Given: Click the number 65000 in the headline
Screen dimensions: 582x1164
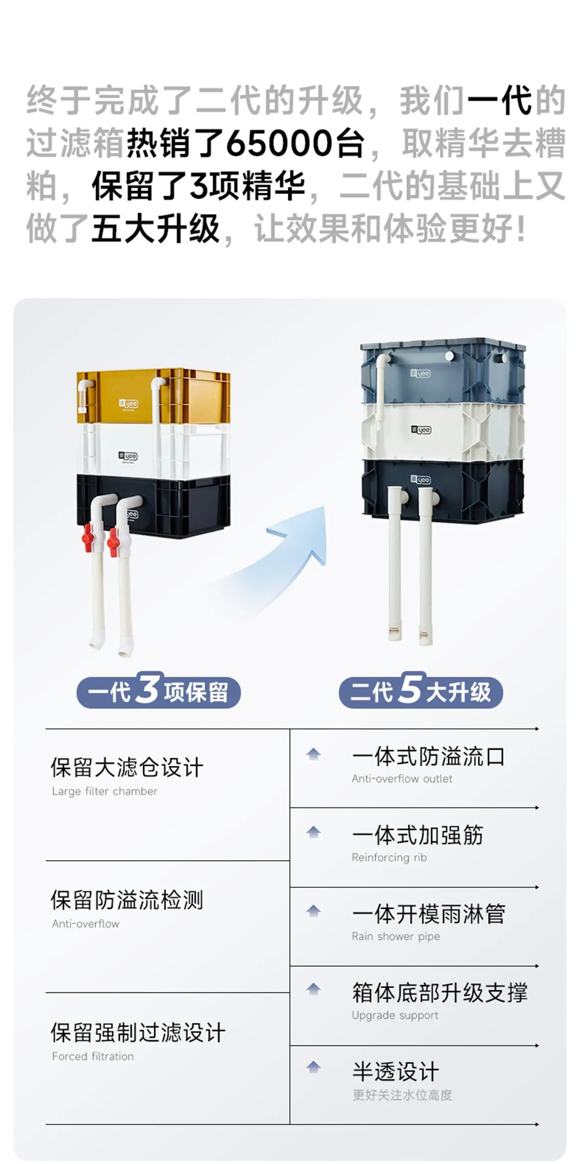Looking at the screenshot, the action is click(279, 143).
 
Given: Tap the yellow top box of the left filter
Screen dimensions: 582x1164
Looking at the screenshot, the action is click(153, 396).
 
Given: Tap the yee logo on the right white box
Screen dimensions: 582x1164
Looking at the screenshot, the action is click(421, 430).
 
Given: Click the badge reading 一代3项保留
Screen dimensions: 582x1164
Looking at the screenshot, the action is click(158, 692).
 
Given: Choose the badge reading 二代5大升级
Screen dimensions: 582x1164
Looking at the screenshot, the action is click(421, 692).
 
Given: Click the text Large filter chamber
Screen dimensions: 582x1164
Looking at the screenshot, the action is click(105, 791).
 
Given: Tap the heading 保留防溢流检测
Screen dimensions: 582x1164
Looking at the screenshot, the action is click(127, 900).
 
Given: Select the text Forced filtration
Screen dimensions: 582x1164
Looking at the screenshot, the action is click(93, 1056).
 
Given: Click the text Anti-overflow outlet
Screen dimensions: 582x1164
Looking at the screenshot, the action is click(402, 778).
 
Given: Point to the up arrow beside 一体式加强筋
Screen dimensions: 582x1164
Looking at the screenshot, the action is click(314, 832).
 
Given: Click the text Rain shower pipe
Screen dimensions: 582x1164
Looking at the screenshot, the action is click(396, 936).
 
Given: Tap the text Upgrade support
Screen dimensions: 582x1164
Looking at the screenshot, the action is click(395, 1015).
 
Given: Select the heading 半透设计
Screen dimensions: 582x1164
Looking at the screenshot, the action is click(396, 1071).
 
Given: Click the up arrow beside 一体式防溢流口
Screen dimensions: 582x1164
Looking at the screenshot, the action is click(314, 754).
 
